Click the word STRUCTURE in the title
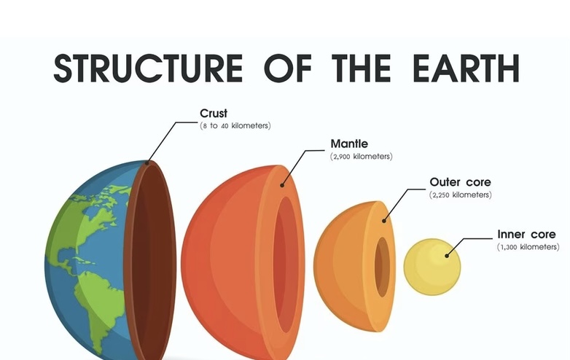[x=148, y=68]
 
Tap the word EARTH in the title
[x=466, y=68]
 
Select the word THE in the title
[x=362, y=68]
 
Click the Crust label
[x=214, y=114]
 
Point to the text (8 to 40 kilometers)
[x=235, y=125]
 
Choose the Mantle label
[x=349, y=144]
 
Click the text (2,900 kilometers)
[x=362, y=157]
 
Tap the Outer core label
[x=460, y=182]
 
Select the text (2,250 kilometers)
[x=460, y=195]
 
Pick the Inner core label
[x=526, y=235]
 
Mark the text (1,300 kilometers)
[x=528, y=247]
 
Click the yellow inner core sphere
[x=432, y=267]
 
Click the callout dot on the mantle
[x=282, y=185]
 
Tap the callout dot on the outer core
[x=384, y=221]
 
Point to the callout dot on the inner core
[x=447, y=256]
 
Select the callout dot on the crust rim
[x=147, y=163]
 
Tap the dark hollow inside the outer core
[x=383, y=267]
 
